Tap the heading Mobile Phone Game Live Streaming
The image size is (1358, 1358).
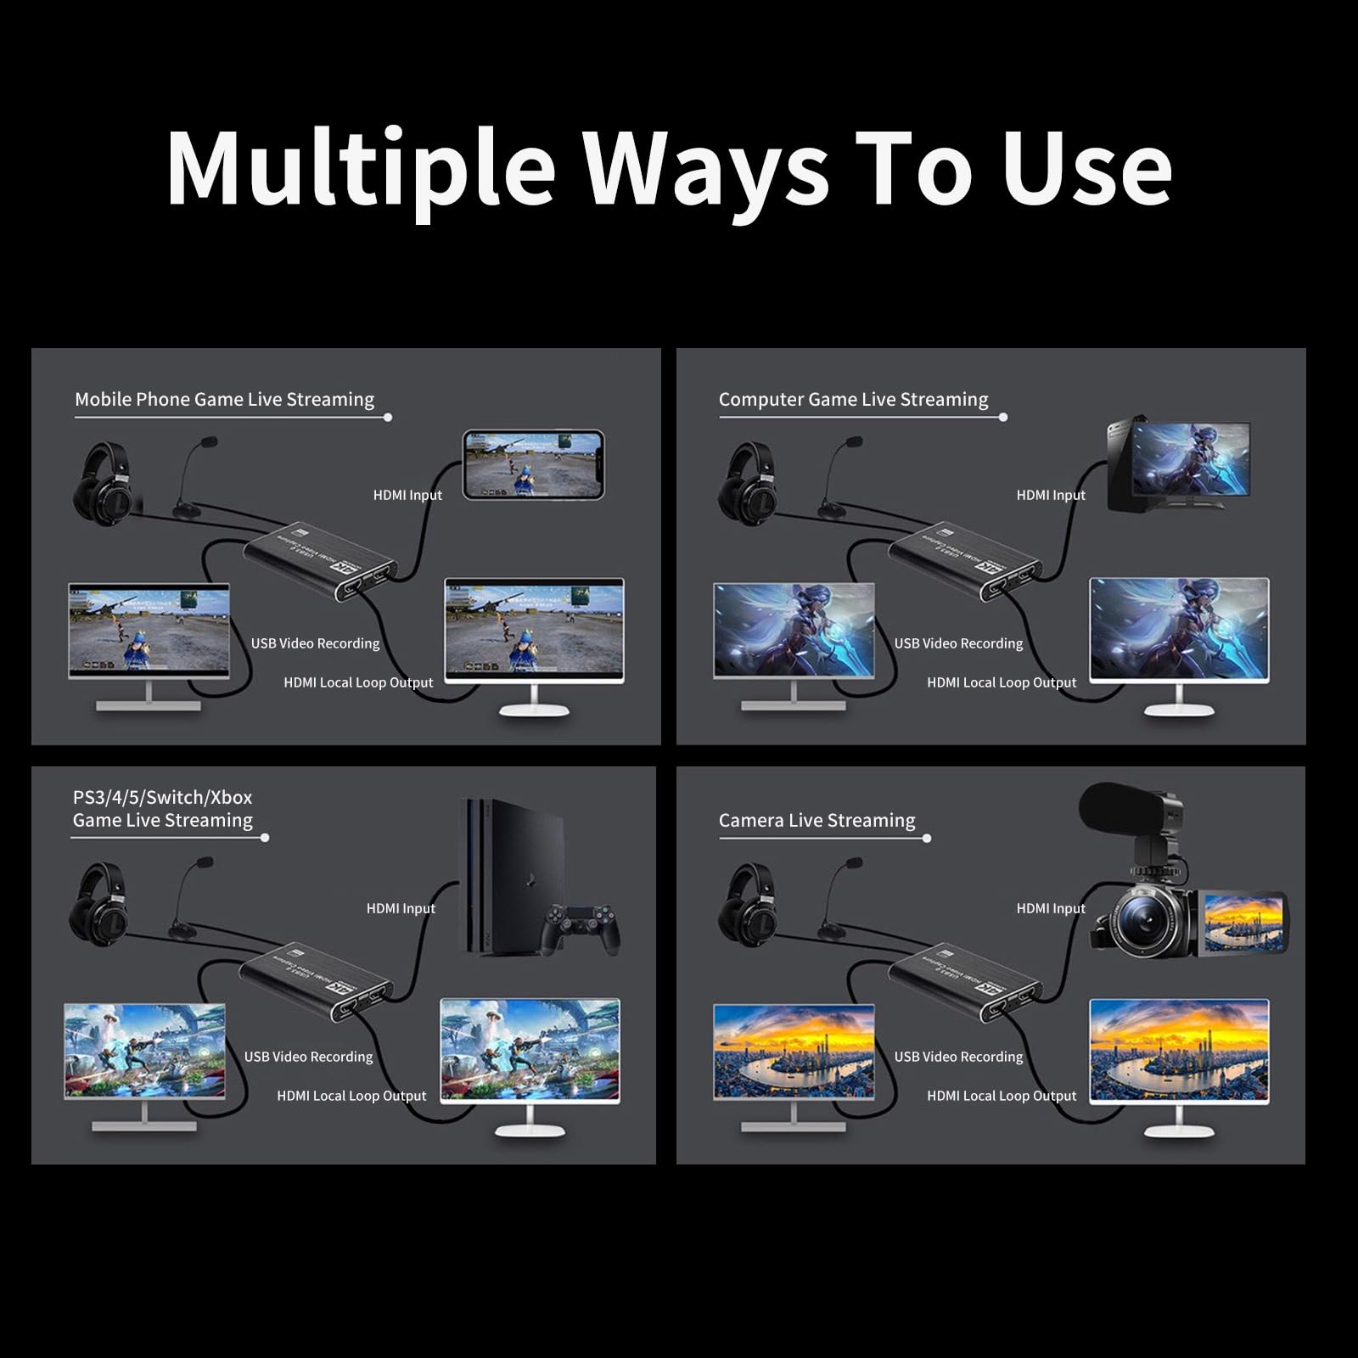coord(224,399)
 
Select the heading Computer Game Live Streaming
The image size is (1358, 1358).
coord(853,399)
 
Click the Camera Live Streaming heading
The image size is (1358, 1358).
coord(816,820)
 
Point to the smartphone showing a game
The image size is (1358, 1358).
coord(533,464)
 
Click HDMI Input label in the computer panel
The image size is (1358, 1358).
coord(1051,495)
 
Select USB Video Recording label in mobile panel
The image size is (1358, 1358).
coord(315,643)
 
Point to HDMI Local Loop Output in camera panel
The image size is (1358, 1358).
coord(1002,1096)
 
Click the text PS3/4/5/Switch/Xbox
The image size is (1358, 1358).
coord(162,797)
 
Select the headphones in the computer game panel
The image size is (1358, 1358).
coord(748,484)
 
